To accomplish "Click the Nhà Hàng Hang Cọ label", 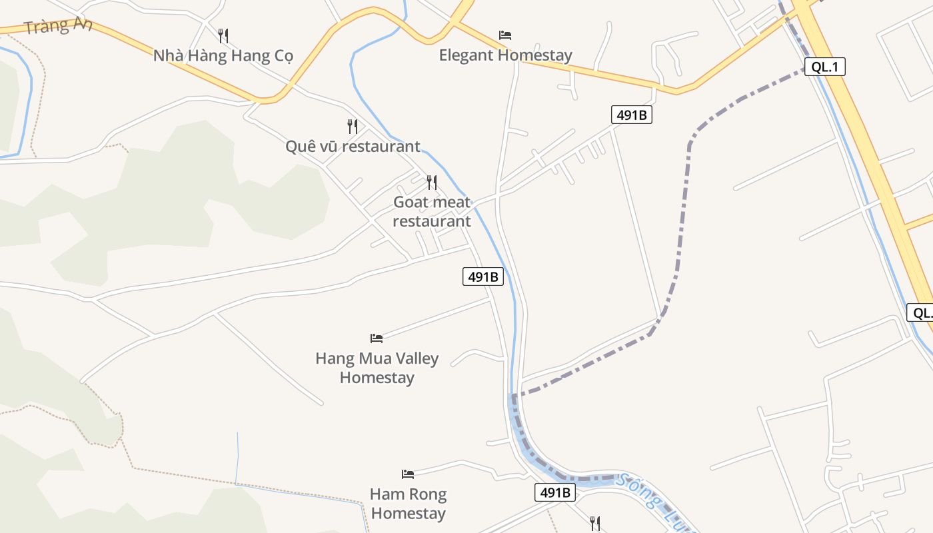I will pyautogui.click(x=223, y=55).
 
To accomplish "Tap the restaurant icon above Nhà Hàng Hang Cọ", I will pyautogui.click(x=223, y=35).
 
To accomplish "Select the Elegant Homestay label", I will pyautogui.click(x=505, y=55).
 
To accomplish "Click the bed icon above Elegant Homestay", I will pyautogui.click(x=505, y=35).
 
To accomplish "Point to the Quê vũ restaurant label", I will pyautogui.click(x=353, y=146).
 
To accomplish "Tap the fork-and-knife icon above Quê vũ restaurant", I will pyautogui.click(x=353, y=126).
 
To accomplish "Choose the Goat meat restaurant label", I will pyautogui.click(x=432, y=211).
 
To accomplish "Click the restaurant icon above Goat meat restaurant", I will pyautogui.click(x=432, y=182).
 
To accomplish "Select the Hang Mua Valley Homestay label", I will pyautogui.click(x=377, y=368).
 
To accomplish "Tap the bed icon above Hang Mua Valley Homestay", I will pyautogui.click(x=377, y=338).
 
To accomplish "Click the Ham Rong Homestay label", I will pyautogui.click(x=408, y=504).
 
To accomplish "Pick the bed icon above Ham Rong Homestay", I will pyautogui.click(x=408, y=474).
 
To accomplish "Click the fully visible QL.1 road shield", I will pyautogui.click(x=824, y=67).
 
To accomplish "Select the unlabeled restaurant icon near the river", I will pyautogui.click(x=595, y=523).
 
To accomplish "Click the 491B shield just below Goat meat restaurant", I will pyautogui.click(x=482, y=276).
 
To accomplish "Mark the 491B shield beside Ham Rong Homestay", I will pyautogui.click(x=554, y=492).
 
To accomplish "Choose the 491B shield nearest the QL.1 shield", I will pyautogui.click(x=631, y=115).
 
